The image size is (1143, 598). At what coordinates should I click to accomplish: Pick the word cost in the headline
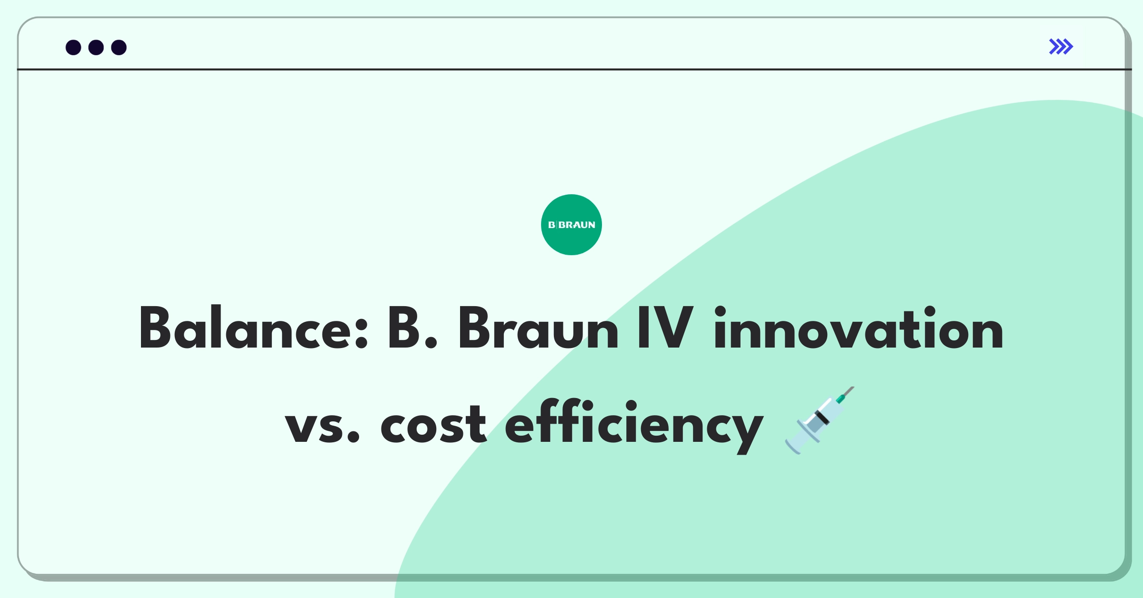tap(433, 424)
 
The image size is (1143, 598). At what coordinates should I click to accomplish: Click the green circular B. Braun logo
tap(571, 225)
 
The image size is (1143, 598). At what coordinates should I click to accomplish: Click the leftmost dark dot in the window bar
tap(73, 48)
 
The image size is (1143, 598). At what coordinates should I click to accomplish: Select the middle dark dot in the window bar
tap(96, 48)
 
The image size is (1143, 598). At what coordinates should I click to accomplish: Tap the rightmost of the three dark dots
tap(119, 48)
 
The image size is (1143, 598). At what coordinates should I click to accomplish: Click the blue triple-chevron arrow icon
tap(1061, 47)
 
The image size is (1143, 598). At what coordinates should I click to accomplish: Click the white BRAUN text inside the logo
tap(577, 225)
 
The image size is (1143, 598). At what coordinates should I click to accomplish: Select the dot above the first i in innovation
tap(720, 312)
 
